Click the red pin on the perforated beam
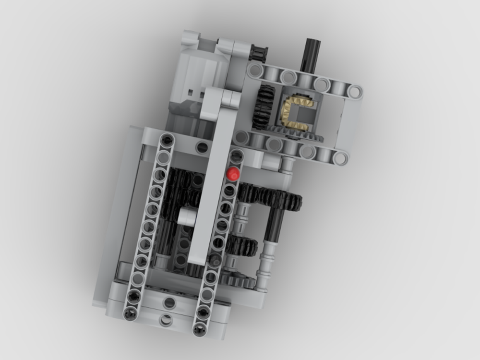pos(234,173)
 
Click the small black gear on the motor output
pos(258,52)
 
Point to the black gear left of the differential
pos(263,107)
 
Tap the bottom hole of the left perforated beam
pos(130,313)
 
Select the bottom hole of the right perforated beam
pos(199,330)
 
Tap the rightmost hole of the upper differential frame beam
pos(355,91)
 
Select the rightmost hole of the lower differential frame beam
pos(341,157)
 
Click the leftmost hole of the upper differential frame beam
pos(256,72)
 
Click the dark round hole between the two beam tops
pos(202,147)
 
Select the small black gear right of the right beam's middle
pos(241,246)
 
